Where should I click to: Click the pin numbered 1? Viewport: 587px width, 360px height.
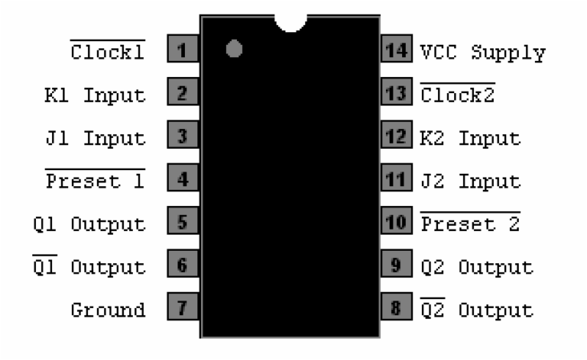point(183,51)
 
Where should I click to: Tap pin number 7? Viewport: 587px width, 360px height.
point(183,308)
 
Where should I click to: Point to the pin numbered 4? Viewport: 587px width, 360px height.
point(183,180)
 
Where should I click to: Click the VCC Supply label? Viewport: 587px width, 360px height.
point(483,54)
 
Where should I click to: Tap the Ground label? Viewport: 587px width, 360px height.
point(107,309)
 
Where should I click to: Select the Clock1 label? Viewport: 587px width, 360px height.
point(107,52)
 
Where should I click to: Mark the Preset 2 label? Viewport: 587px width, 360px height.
point(470,223)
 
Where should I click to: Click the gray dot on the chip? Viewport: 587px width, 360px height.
point(234,49)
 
